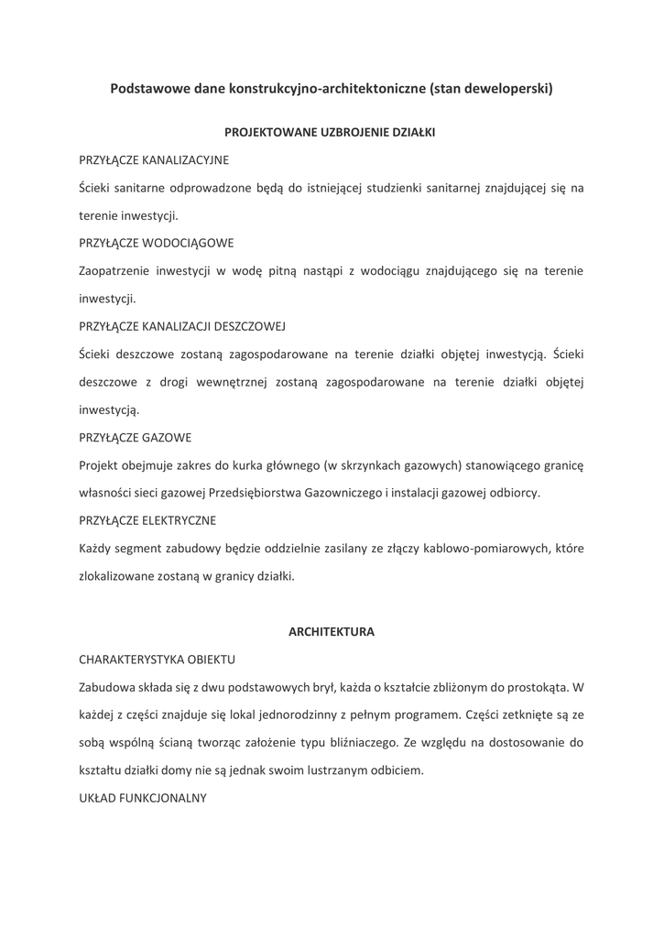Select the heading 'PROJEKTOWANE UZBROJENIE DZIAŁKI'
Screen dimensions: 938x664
pyautogui.click(x=332, y=132)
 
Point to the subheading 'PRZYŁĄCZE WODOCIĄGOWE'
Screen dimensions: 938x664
pyautogui.click(x=157, y=243)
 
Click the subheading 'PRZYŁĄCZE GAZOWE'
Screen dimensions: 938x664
pyautogui.click(x=136, y=437)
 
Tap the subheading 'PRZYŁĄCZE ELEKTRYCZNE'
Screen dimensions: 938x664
pyautogui.click(x=147, y=520)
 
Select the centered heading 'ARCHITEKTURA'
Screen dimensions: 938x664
pyautogui.click(x=332, y=631)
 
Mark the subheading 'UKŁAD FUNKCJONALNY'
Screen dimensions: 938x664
pyautogui.click(x=143, y=798)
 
